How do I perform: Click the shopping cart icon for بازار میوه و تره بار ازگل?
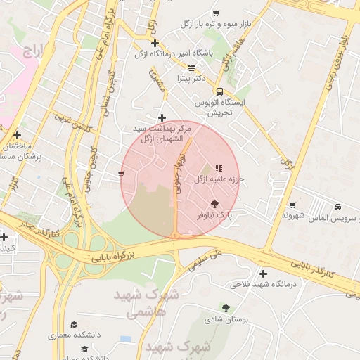216,13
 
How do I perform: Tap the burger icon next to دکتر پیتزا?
191,67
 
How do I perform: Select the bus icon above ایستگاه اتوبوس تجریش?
220,91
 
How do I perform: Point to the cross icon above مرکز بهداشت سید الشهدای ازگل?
162,117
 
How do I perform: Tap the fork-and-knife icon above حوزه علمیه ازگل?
219,168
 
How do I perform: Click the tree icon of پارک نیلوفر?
214,202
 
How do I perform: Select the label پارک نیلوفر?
214,214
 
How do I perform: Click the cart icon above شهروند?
292,205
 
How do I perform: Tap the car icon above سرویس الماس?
338,207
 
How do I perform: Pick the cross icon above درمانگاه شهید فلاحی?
263,274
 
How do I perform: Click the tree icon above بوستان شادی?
226,307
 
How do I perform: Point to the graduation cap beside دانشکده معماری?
74,325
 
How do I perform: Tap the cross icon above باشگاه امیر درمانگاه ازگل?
155,43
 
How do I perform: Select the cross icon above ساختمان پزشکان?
17,135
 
